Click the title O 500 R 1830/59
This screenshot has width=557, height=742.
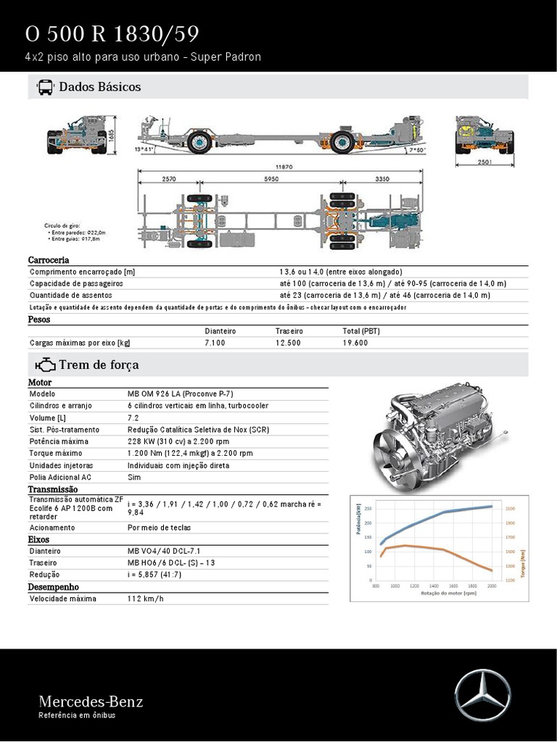click(112, 34)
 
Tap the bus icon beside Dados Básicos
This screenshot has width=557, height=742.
click(45, 87)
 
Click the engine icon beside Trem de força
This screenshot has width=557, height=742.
click(45, 364)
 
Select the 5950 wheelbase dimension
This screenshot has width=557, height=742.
click(271, 178)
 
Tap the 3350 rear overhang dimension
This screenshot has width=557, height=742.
click(383, 178)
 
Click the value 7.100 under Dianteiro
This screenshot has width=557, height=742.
click(215, 343)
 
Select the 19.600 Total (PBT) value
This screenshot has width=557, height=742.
click(355, 343)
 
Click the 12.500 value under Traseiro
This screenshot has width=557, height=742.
click(288, 343)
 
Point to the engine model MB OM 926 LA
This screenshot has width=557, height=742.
click(180, 393)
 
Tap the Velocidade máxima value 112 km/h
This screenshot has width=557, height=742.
click(146, 599)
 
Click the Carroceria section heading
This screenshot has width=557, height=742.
click(49, 260)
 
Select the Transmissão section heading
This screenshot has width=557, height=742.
click(53, 490)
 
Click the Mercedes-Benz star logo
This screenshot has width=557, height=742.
click(482, 696)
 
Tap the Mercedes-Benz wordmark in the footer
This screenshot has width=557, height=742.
click(91, 701)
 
